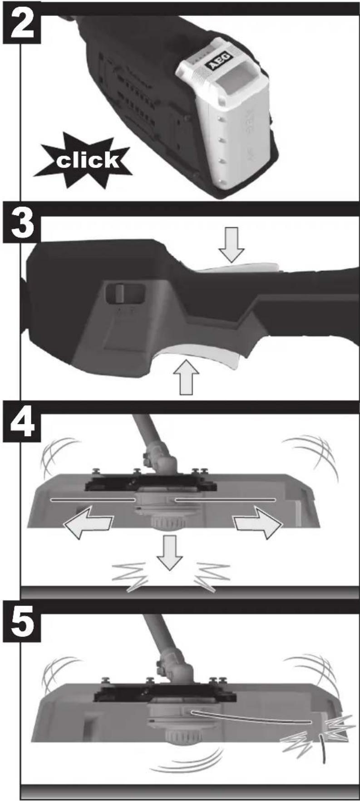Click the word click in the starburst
point(88,160)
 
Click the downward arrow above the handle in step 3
point(232,249)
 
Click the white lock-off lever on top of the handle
point(241,268)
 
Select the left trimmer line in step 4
point(94,500)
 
